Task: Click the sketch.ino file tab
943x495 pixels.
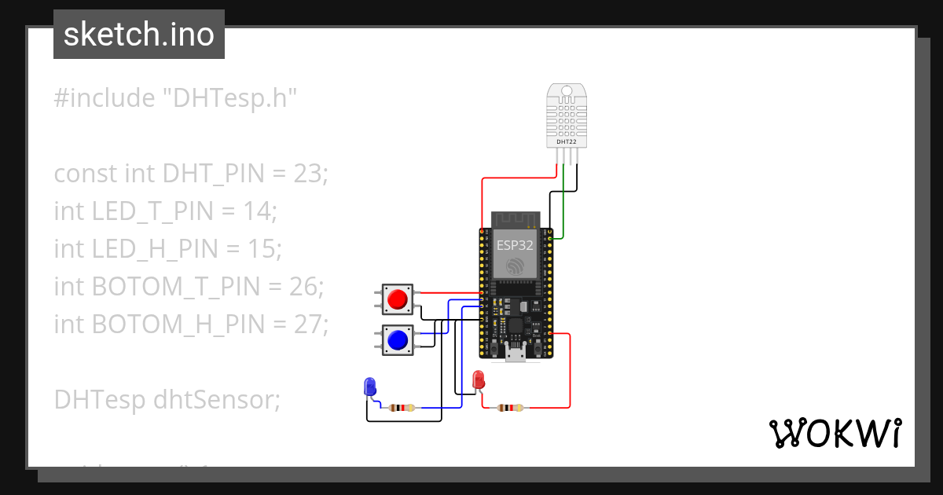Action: coord(139,35)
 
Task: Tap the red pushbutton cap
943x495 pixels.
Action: coord(398,299)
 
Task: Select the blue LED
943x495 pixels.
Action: coord(370,386)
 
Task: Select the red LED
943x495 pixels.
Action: coord(478,381)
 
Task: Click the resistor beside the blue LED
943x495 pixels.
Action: coord(402,408)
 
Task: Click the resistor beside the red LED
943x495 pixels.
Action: coord(510,408)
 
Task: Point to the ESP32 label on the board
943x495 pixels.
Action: coord(515,244)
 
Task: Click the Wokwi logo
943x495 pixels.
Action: coord(834,433)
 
